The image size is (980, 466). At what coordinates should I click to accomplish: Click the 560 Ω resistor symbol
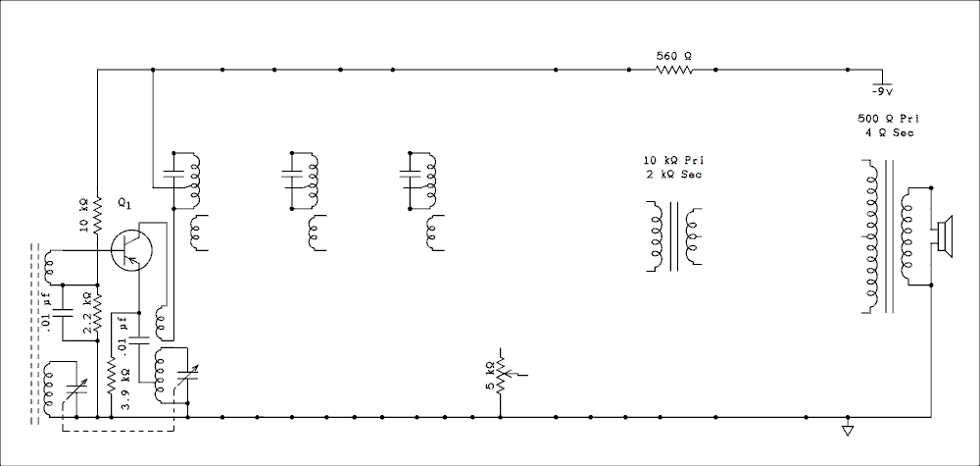(x=674, y=70)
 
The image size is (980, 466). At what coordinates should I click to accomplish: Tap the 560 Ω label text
(x=674, y=56)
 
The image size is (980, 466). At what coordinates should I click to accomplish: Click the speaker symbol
(x=943, y=236)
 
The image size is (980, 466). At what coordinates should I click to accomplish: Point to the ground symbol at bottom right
(x=848, y=430)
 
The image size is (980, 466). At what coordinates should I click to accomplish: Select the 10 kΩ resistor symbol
(x=97, y=216)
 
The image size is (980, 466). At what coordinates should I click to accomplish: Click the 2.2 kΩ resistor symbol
(x=97, y=312)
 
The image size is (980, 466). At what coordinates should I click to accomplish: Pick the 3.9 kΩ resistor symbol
(x=112, y=376)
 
